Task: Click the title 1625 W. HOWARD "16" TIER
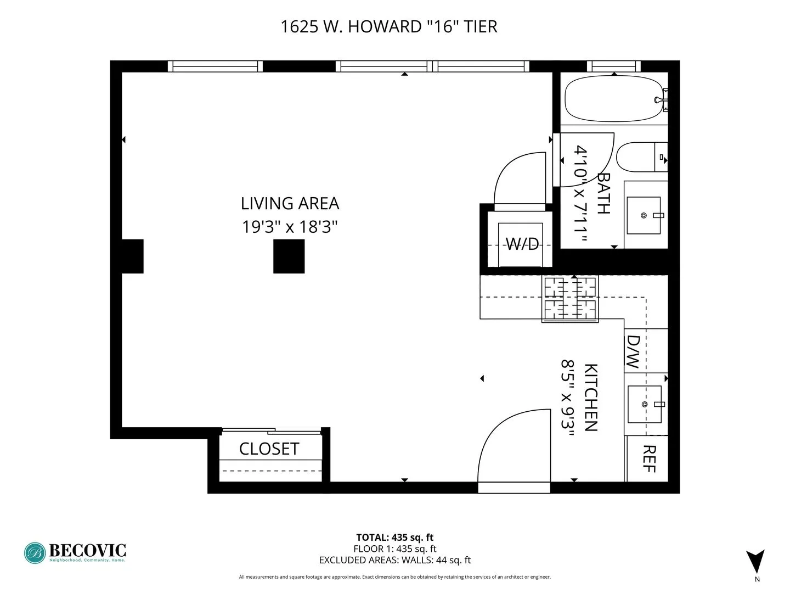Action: pyautogui.click(x=388, y=26)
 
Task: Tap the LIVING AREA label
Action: pyautogui.click(x=290, y=204)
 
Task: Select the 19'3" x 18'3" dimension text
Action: pyautogui.click(x=290, y=226)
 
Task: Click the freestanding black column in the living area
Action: pyautogui.click(x=289, y=256)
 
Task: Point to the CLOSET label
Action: pyautogui.click(x=269, y=449)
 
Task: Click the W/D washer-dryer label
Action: pyautogui.click(x=521, y=244)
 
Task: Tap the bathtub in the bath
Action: pyautogui.click(x=613, y=99)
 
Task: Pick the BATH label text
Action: pyautogui.click(x=603, y=193)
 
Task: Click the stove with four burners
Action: pyautogui.click(x=569, y=298)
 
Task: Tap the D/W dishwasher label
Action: pyautogui.click(x=634, y=352)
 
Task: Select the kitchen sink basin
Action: pyautogui.click(x=644, y=404)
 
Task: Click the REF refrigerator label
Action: pyautogui.click(x=649, y=458)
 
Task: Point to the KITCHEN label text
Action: pyautogui.click(x=590, y=398)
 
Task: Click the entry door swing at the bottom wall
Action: pyautogui.click(x=515, y=447)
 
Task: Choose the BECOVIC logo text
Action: pyautogui.click(x=87, y=550)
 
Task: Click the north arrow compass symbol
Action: pyautogui.click(x=755, y=562)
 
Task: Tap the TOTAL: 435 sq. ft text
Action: pyautogui.click(x=394, y=538)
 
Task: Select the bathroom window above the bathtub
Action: pyautogui.click(x=613, y=66)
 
